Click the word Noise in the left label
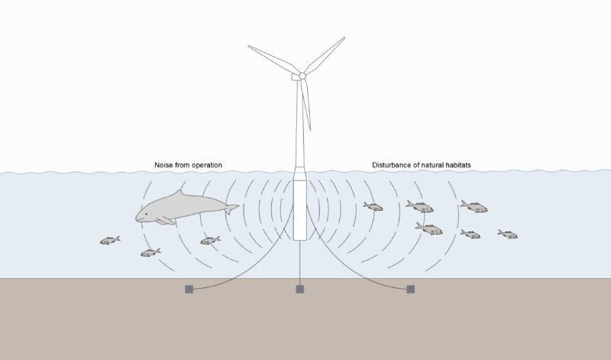(165, 165)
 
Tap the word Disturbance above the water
(394, 165)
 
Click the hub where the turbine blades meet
(302, 76)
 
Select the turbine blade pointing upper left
(273, 60)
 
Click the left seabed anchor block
(189, 289)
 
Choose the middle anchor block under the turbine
(300, 289)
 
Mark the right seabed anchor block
(411, 289)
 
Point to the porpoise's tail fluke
(231, 206)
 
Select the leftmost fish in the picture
(110, 241)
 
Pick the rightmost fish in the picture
(508, 233)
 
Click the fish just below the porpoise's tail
(210, 241)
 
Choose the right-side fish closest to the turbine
(373, 206)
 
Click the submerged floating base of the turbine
(301, 210)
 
